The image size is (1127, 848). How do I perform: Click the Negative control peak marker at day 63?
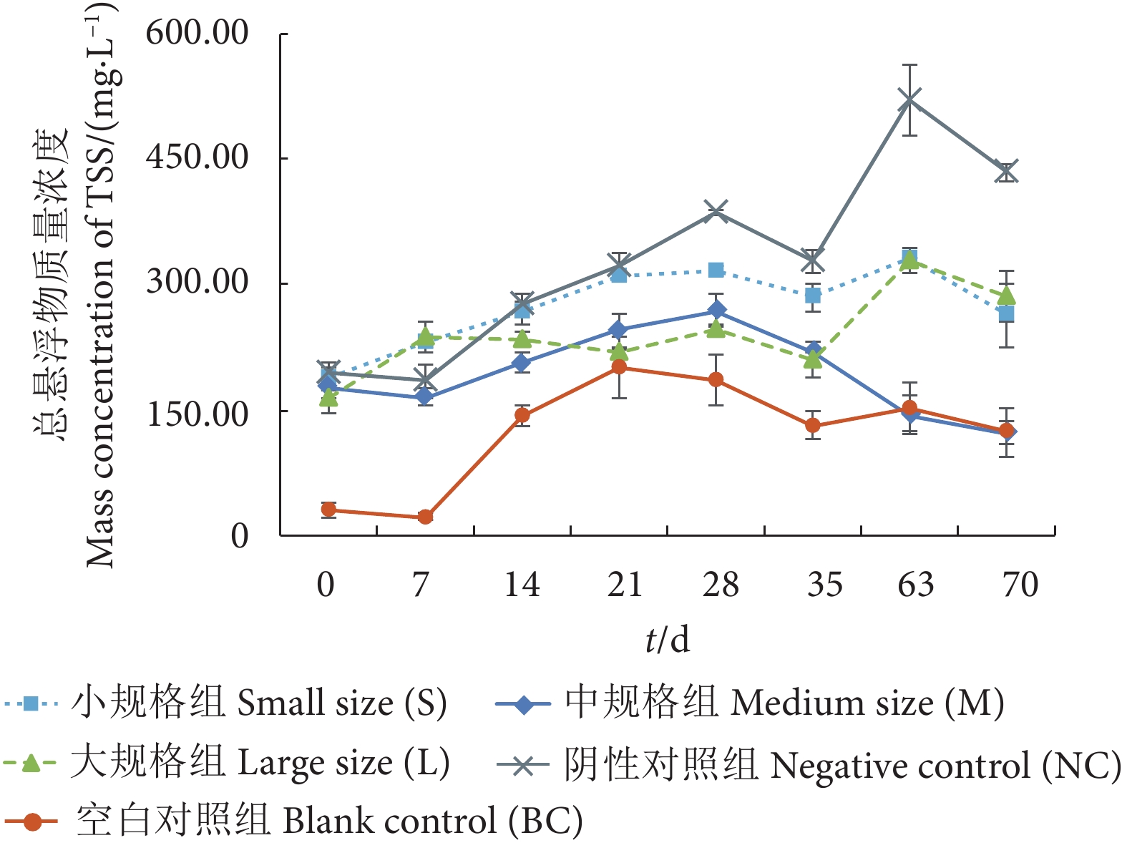pos(909,99)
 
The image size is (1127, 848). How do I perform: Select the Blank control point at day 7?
pos(425,517)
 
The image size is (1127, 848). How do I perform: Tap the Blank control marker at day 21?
pos(620,367)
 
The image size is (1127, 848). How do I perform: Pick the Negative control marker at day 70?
pos(1007,172)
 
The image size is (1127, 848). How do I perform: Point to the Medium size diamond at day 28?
pos(716,311)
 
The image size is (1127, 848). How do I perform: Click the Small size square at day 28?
pos(716,270)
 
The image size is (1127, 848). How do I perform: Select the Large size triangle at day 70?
pos(1007,296)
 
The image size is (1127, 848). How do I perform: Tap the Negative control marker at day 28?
pos(716,211)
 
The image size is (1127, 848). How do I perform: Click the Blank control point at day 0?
pos(328,510)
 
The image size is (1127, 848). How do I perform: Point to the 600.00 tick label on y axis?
pos(197,33)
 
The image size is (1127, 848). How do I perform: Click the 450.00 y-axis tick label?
pos(197,157)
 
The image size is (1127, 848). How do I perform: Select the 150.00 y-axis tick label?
pos(197,413)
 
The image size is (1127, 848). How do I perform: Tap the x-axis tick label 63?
pos(916,585)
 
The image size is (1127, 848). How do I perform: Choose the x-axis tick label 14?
pos(522,585)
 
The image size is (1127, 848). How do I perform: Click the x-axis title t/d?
pos(667,639)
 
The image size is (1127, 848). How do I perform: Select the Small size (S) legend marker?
pos(30,703)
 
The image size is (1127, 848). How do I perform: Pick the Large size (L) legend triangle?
pos(30,764)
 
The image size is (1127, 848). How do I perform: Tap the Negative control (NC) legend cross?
pos(524,766)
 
